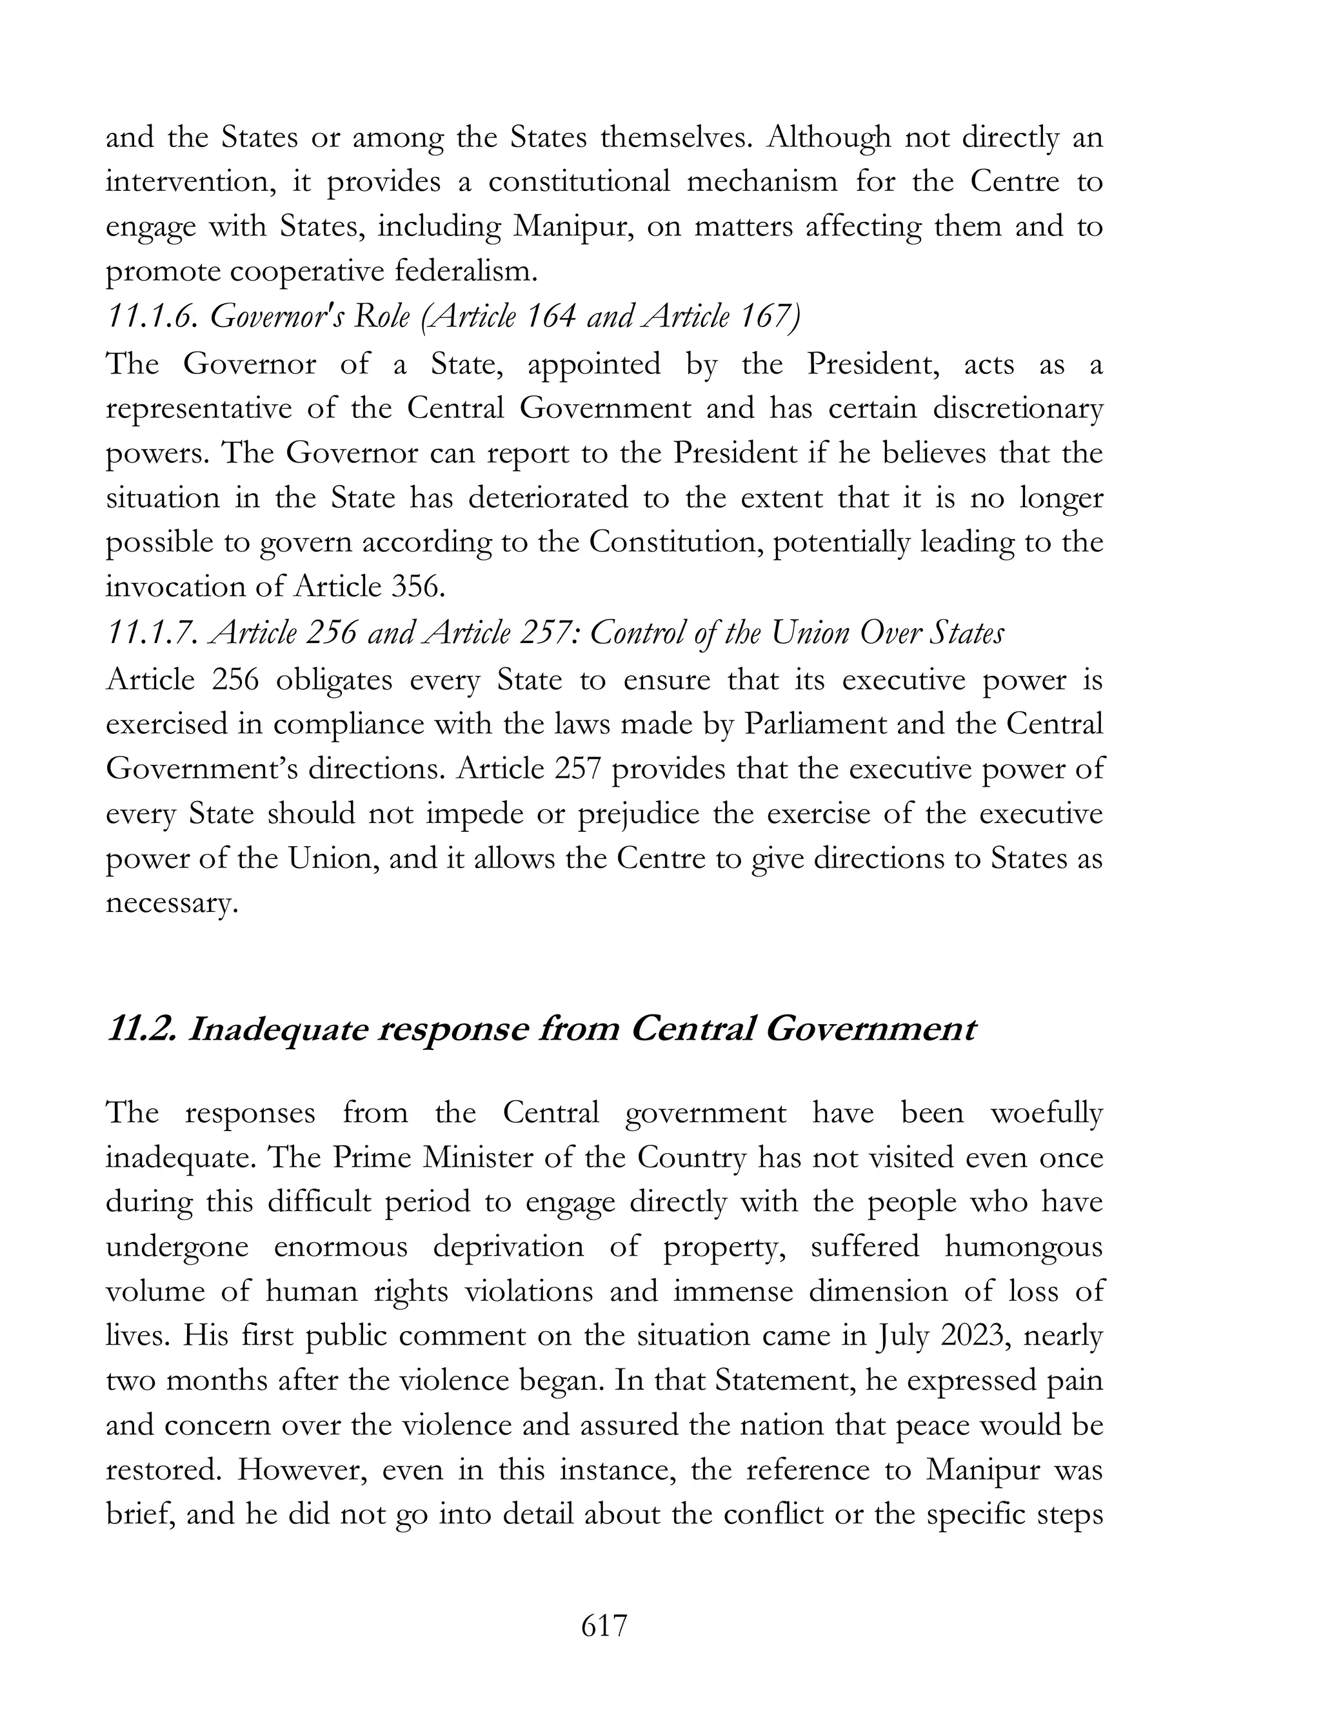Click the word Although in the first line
[828, 138]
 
